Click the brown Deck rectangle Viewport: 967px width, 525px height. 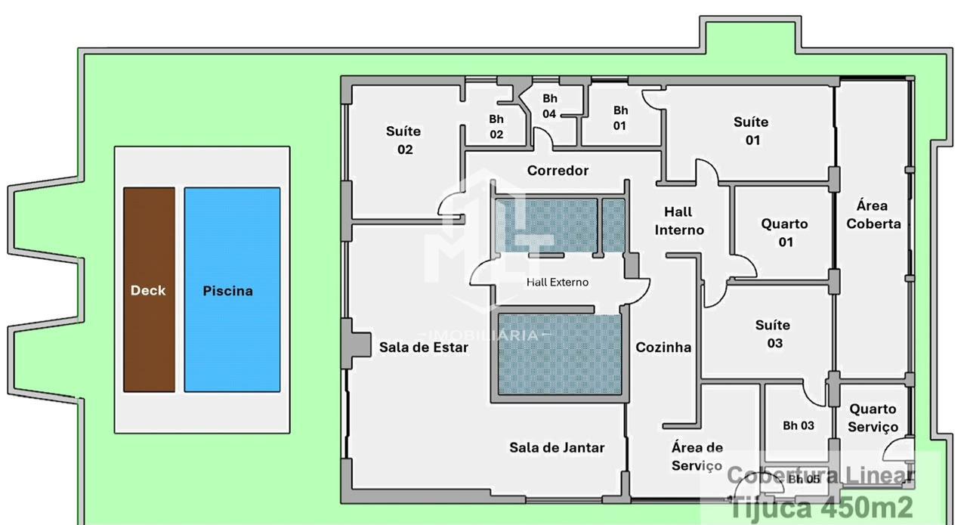[150, 290]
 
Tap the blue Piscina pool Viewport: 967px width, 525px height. [232, 290]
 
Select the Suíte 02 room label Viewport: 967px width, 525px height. [403, 141]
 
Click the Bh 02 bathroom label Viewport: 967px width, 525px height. [496, 126]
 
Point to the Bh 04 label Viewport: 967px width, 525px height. [549, 107]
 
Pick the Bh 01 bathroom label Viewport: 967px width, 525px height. [620, 118]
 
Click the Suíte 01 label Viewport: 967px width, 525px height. [752, 131]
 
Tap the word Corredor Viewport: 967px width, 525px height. [558, 171]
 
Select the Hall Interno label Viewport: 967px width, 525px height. [679, 221]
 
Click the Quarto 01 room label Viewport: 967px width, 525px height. [784, 233]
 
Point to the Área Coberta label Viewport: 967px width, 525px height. [873, 215]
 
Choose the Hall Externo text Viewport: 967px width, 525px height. [558, 283]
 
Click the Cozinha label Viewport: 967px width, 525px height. [663, 347]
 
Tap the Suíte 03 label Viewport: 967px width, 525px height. [773, 334]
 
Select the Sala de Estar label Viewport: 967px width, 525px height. [424, 347]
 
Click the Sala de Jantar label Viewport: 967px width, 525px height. [557, 448]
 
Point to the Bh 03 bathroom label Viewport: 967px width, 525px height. [799, 426]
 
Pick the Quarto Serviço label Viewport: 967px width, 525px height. [873, 418]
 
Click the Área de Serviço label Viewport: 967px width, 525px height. [697, 457]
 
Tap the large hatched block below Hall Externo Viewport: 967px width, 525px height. [560, 354]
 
